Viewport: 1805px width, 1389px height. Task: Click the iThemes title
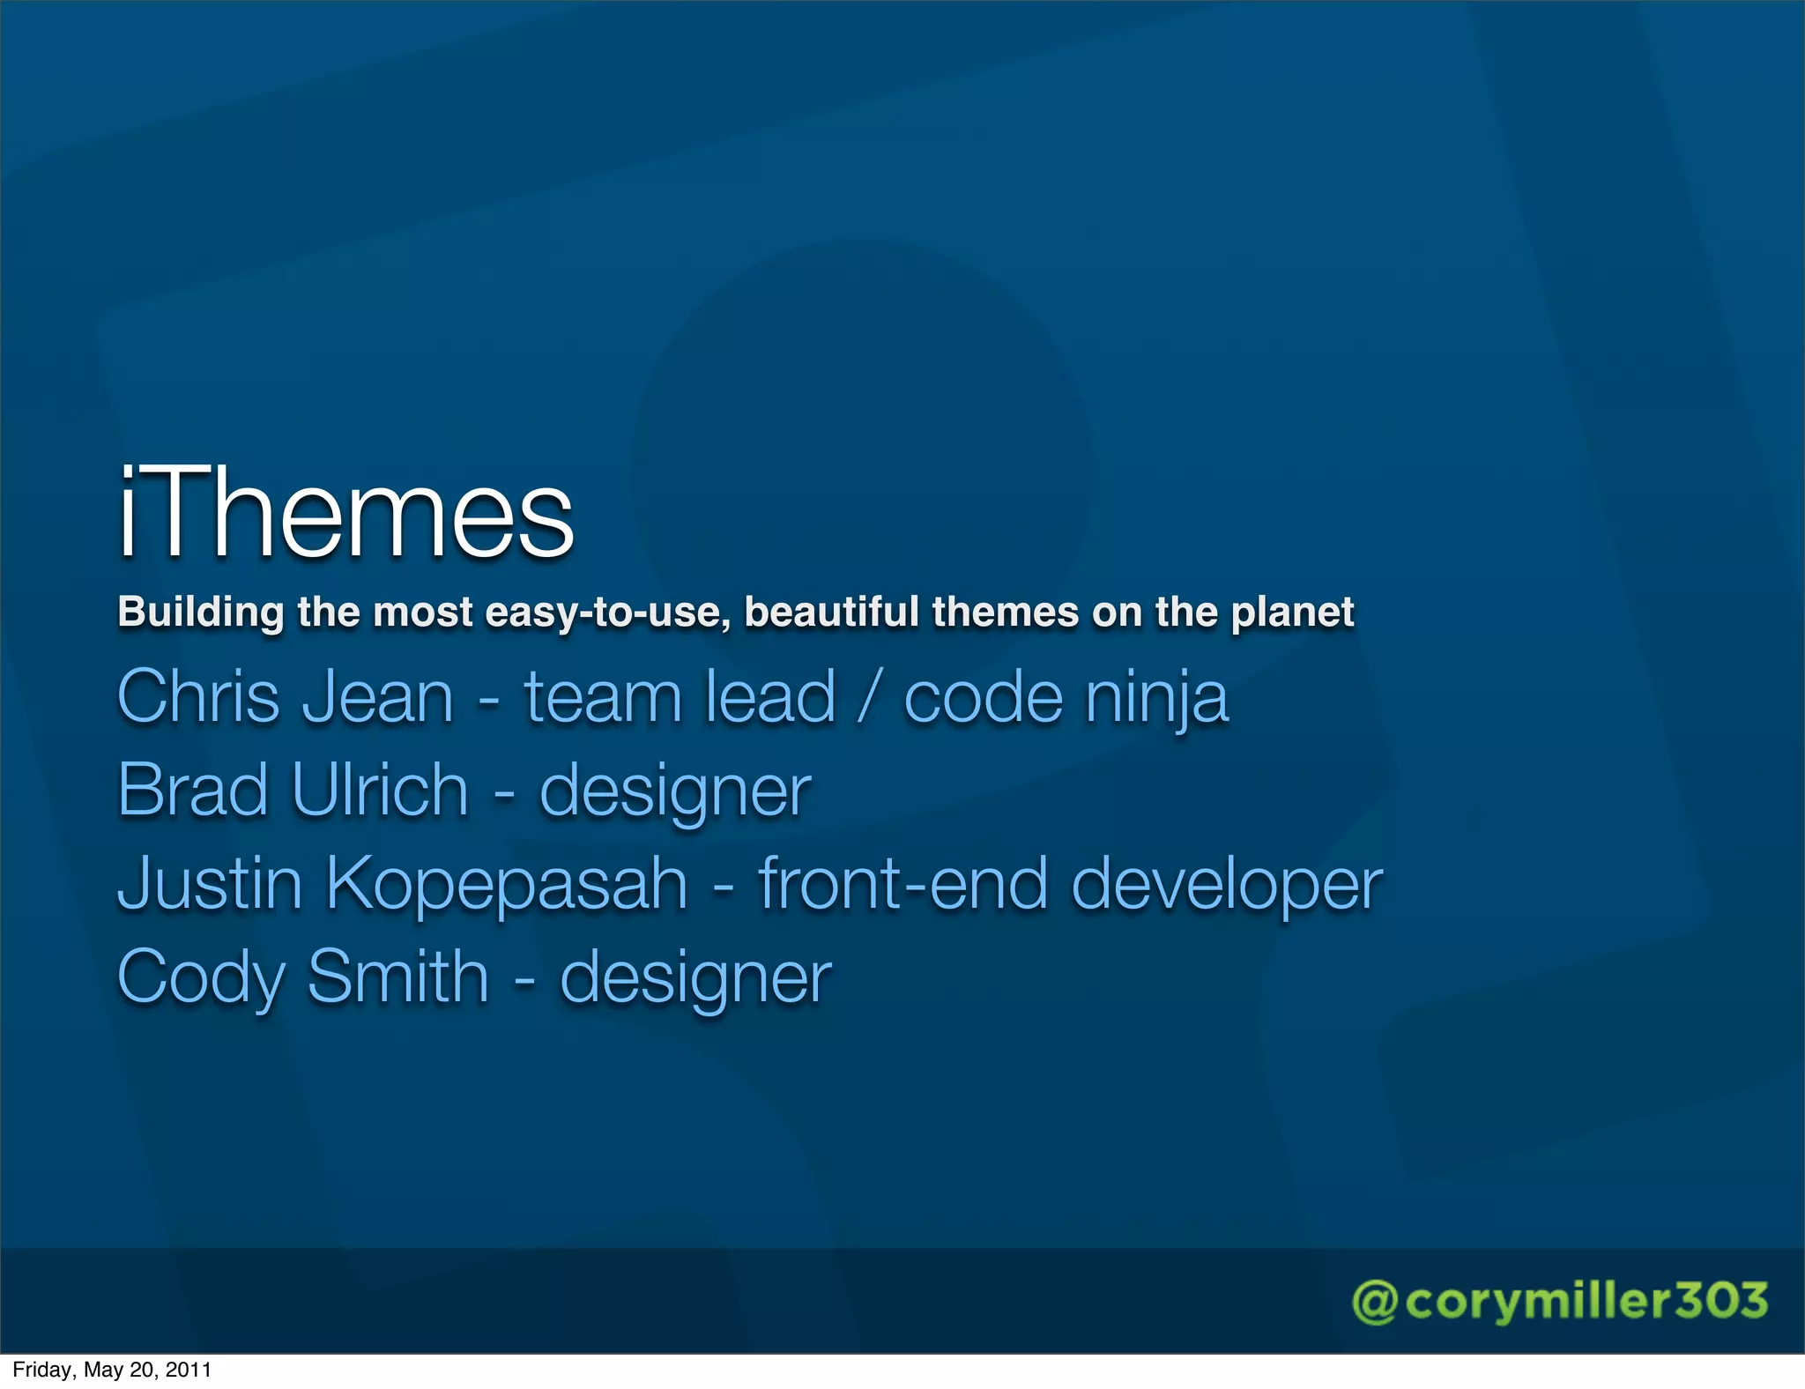[x=346, y=514]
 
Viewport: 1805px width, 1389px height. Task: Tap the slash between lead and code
[x=870, y=696]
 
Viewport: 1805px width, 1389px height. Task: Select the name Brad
[x=193, y=790]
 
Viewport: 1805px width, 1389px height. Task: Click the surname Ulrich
[x=380, y=790]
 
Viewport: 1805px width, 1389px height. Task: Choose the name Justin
[x=210, y=883]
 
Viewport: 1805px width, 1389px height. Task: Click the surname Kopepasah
[x=507, y=885]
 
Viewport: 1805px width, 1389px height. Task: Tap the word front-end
[x=902, y=883]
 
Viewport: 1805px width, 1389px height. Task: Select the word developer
[x=1227, y=885]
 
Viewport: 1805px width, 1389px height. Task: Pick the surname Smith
[x=398, y=977]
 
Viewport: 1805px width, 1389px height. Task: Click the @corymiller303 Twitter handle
[x=1560, y=1302]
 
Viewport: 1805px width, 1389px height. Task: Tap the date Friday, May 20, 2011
[x=112, y=1370]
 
